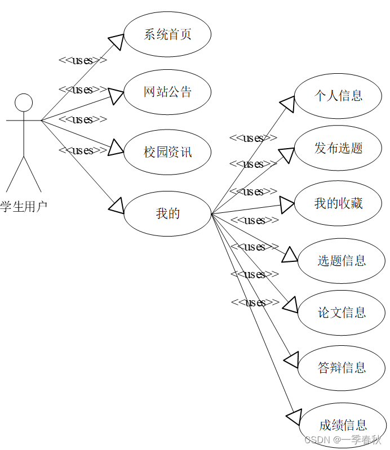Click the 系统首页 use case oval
point(167,34)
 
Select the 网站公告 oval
point(167,92)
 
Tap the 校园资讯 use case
point(167,152)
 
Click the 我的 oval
point(167,213)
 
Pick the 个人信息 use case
point(338,96)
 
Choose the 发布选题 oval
point(338,148)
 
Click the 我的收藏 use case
point(338,203)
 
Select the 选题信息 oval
point(342,261)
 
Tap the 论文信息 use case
point(342,312)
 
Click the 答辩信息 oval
point(342,368)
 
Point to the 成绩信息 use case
point(343,425)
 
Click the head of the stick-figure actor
point(24,103)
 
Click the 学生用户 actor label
point(24,207)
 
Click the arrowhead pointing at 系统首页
point(116,42)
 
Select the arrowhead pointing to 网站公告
point(117,96)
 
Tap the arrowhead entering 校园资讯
point(116,147)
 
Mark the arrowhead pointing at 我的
point(116,206)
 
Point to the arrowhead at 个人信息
point(287,104)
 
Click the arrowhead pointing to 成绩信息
point(294,417)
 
